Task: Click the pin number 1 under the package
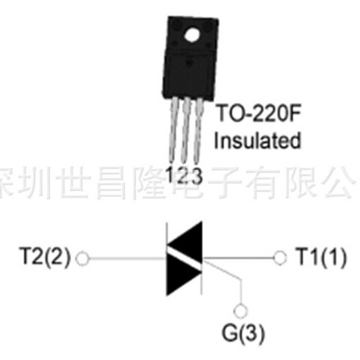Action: tap(171, 174)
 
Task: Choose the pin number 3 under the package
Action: tap(194, 174)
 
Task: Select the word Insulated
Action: tap(257, 141)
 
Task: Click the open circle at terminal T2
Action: tap(81, 256)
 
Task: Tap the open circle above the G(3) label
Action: tap(241, 311)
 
